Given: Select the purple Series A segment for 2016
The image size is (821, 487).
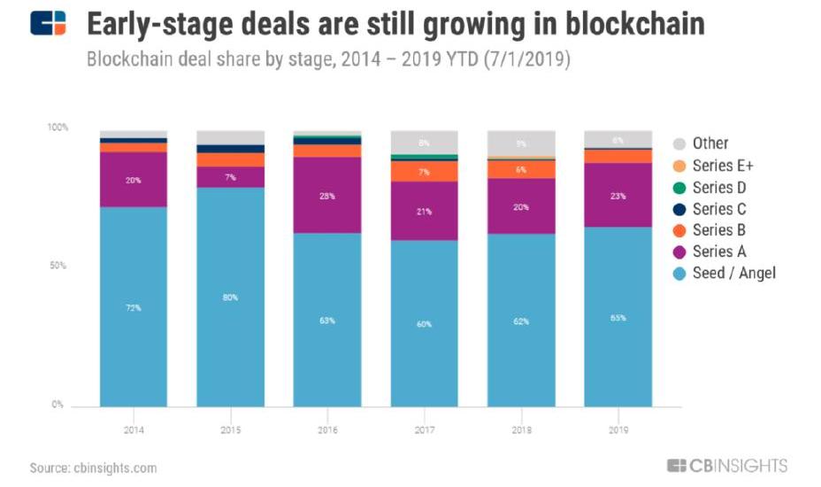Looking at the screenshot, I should click(x=327, y=195).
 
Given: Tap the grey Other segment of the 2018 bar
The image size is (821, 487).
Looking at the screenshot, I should click(x=521, y=143).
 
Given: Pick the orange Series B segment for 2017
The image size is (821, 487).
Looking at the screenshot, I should click(x=424, y=171).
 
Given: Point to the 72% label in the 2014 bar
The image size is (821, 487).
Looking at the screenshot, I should click(x=134, y=307).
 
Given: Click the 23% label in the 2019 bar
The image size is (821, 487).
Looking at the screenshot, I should click(x=618, y=195).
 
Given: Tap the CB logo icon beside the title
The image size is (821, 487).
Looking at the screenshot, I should click(x=48, y=23).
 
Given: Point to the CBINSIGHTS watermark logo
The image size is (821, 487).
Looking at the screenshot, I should click(x=727, y=466).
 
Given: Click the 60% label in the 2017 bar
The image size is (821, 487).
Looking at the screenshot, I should click(x=424, y=324).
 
